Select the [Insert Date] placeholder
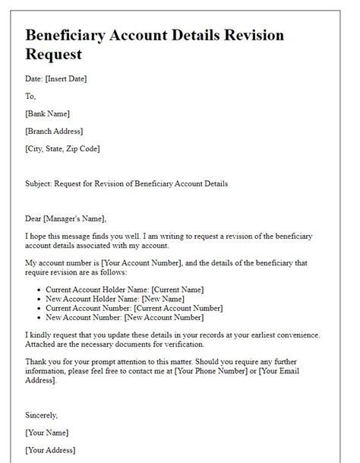pos(67,79)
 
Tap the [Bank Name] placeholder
pos(47,114)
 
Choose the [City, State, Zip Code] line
pos(62,148)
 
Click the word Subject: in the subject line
pos(40,184)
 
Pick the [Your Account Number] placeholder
pos(141,262)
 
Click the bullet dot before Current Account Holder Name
pos(40,290)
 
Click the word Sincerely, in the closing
pos(43,417)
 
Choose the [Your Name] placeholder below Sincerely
pos(48,433)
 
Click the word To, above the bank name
pos(30,97)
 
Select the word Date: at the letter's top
pos(34,79)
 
